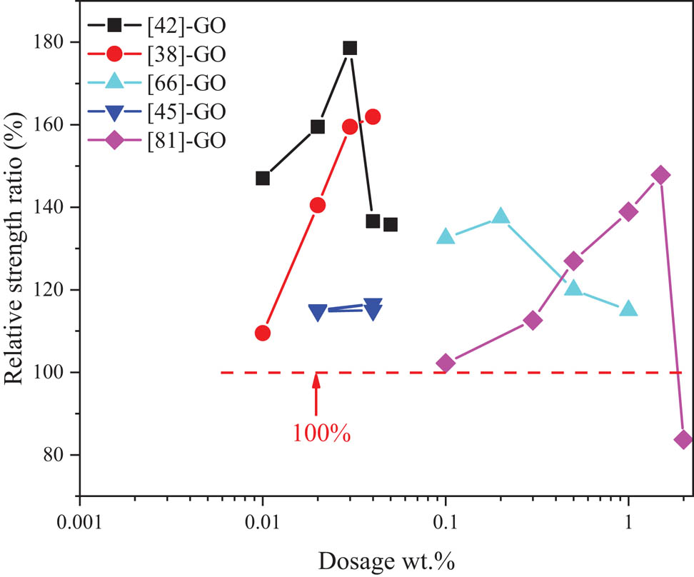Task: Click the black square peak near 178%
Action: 350,48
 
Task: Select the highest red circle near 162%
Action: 372,116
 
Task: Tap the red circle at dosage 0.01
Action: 263,333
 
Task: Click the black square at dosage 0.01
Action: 263,178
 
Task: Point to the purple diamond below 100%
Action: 683,440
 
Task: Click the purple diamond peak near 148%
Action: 660,175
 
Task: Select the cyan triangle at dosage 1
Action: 628,309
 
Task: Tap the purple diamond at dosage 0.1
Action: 446,363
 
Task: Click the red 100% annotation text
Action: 321,433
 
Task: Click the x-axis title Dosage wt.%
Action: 388,561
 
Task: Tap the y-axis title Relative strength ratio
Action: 17,264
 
